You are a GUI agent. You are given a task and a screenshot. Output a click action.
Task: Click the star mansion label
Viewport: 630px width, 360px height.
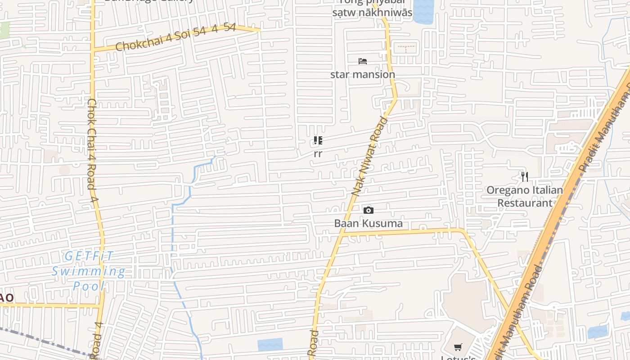[363, 74]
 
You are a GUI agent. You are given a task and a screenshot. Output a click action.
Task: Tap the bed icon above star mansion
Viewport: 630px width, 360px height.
[363, 61]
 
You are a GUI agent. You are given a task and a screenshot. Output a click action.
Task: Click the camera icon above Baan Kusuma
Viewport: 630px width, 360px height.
[368, 210]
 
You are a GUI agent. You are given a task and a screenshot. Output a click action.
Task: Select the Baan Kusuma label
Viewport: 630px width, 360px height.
[368, 223]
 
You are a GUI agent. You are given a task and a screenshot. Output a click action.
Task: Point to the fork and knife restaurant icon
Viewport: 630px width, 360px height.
[524, 176]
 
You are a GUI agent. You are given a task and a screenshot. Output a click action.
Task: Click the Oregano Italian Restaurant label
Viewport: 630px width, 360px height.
[525, 196]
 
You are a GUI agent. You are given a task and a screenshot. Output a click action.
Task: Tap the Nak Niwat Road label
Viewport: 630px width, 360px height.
[370, 156]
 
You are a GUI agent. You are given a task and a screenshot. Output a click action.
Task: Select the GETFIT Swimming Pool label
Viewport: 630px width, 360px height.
[89, 271]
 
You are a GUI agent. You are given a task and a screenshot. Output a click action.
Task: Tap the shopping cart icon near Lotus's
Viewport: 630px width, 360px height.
[458, 347]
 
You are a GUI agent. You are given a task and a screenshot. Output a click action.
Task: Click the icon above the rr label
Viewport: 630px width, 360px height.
[318, 141]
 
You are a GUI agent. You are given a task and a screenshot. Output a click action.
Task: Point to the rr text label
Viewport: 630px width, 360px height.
[318, 154]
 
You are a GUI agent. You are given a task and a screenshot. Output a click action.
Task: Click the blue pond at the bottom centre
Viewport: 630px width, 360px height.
[270, 345]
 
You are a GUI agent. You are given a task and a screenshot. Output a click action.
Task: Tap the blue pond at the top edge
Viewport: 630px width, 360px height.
[423, 11]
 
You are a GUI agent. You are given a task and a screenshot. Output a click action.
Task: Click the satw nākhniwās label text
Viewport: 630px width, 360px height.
[372, 13]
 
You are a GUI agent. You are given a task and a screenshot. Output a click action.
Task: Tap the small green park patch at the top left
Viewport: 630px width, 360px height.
[4, 30]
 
